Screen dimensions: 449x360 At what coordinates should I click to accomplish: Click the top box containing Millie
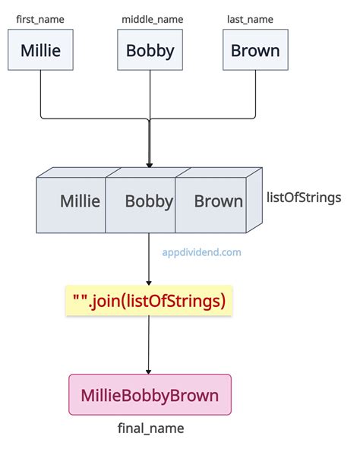click(x=40, y=52)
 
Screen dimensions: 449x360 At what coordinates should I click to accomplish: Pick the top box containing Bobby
click(x=150, y=52)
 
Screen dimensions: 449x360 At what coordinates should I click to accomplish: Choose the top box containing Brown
click(x=256, y=52)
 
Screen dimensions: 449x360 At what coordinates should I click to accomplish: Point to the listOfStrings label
click(x=304, y=198)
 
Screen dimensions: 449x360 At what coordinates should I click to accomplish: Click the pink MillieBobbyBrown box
click(x=150, y=395)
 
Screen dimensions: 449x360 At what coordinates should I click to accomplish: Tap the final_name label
click(x=150, y=429)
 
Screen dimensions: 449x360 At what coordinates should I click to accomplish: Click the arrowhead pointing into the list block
click(x=150, y=163)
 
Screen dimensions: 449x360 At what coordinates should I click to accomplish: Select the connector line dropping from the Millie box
click(x=40, y=95)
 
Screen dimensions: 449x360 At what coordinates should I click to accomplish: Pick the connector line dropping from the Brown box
click(x=256, y=95)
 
